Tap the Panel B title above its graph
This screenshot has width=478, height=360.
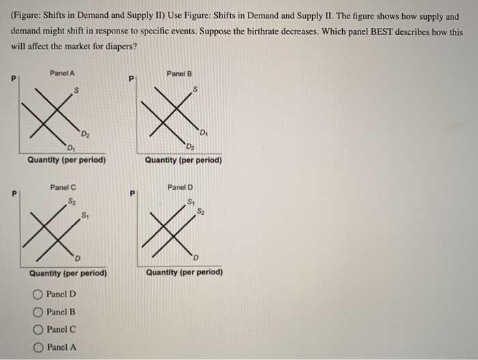tap(180, 73)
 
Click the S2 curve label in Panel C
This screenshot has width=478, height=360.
tap(72, 200)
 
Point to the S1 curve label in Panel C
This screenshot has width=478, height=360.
tap(84, 217)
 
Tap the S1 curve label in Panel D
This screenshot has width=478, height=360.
tap(191, 200)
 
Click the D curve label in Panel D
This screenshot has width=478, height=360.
tap(196, 257)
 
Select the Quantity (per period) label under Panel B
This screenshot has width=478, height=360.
tap(183, 161)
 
